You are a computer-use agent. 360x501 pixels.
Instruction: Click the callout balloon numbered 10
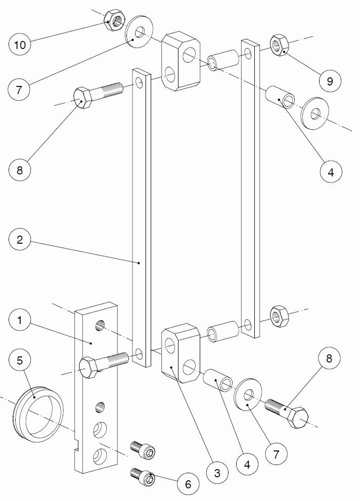tap(20, 44)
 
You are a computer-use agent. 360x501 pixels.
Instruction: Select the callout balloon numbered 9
tap(330, 80)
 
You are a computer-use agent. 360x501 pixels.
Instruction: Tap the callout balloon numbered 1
tap(20, 320)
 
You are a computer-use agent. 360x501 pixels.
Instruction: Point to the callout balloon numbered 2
tap(20, 239)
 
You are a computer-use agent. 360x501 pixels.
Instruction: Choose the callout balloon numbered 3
tap(217, 474)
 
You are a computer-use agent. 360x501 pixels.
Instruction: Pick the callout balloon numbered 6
tap(188, 484)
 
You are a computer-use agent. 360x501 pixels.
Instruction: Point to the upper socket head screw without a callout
tap(143, 448)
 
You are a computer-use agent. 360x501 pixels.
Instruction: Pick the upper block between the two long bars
tap(181, 61)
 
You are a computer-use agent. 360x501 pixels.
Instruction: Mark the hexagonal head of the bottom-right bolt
tap(298, 418)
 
